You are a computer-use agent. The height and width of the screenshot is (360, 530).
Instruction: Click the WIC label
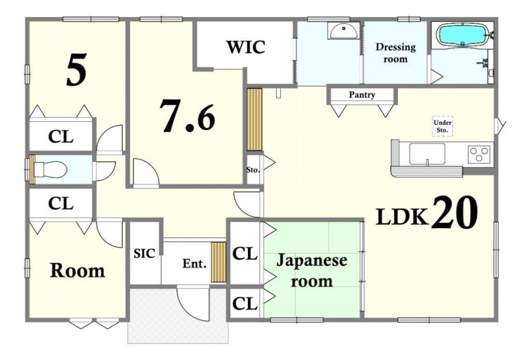(x=246, y=47)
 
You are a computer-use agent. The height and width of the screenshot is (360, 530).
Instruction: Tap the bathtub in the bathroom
(x=463, y=34)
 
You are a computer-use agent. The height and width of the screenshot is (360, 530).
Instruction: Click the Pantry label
(x=362, y=95)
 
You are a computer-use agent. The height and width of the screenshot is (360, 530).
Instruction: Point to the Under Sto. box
(x=443, y=126)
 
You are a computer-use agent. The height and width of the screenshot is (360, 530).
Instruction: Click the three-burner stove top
(x=480, y=154)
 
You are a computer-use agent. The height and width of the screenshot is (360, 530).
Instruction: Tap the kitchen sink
(x=427, y=154)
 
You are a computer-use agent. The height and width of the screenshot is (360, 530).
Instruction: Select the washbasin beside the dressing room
(x=343, y=31)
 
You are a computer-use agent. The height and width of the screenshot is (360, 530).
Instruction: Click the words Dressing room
(x=395, y=53)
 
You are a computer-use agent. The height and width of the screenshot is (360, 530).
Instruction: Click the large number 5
(x=76, y=70)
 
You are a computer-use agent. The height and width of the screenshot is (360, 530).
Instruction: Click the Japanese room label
(x=312, y=271)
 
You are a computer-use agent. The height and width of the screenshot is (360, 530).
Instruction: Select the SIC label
(x=144, y=253)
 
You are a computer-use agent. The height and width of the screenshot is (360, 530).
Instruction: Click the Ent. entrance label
(x=194, y=263)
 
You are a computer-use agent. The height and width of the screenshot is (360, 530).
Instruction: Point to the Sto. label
(x=253, y=170)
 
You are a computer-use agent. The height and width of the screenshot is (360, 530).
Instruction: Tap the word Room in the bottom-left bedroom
(x=77, y=271)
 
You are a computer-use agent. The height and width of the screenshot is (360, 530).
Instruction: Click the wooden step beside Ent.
(x=218, y=262)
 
